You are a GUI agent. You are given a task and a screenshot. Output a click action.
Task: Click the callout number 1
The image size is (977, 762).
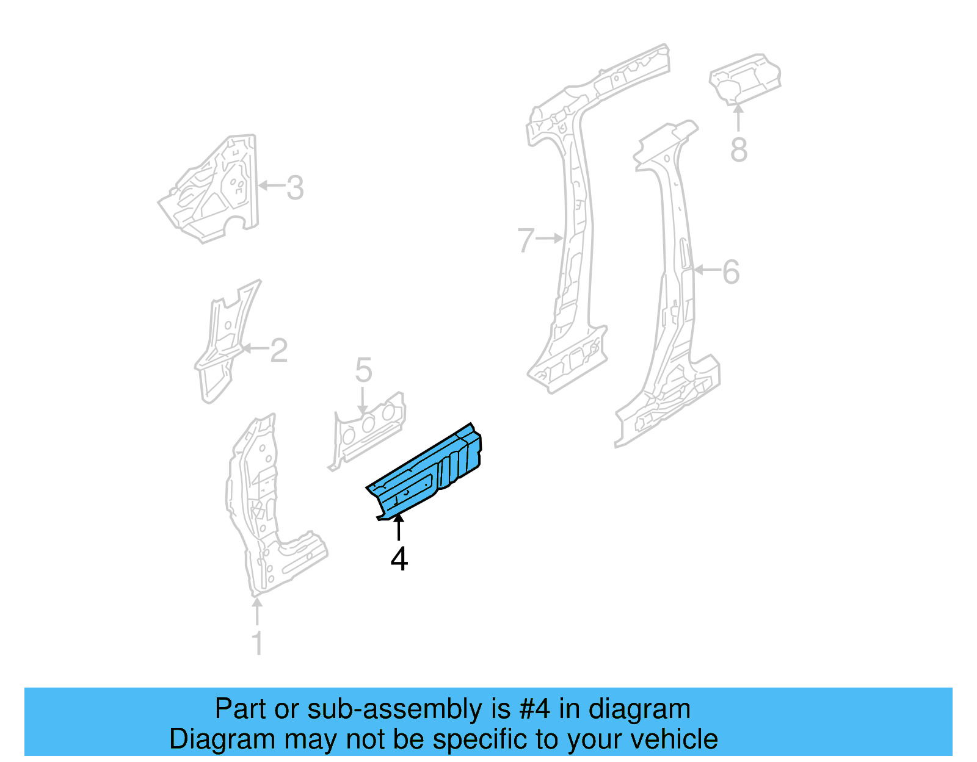pos(258,643)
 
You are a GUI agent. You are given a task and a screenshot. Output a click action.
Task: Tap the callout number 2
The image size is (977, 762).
pos(278,350)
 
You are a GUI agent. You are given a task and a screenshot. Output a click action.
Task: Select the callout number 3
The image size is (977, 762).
pos(295,188)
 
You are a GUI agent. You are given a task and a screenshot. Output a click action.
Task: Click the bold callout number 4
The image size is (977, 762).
pos(399,559)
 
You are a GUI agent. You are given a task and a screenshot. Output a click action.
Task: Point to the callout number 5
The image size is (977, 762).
pos(363,370)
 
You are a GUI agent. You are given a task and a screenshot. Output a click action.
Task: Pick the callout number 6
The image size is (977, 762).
pos(731,272)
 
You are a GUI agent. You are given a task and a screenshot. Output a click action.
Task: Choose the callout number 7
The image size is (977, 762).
pos(525,240)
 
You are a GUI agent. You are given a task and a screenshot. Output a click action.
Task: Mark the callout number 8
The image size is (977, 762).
pos(739,149)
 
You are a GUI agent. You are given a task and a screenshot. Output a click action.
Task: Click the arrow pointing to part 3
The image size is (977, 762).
pos(272,185)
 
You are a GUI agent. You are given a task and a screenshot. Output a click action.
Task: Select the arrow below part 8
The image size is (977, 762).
pos(738,118)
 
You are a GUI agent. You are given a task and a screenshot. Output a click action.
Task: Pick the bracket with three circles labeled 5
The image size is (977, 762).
pos(366,430)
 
